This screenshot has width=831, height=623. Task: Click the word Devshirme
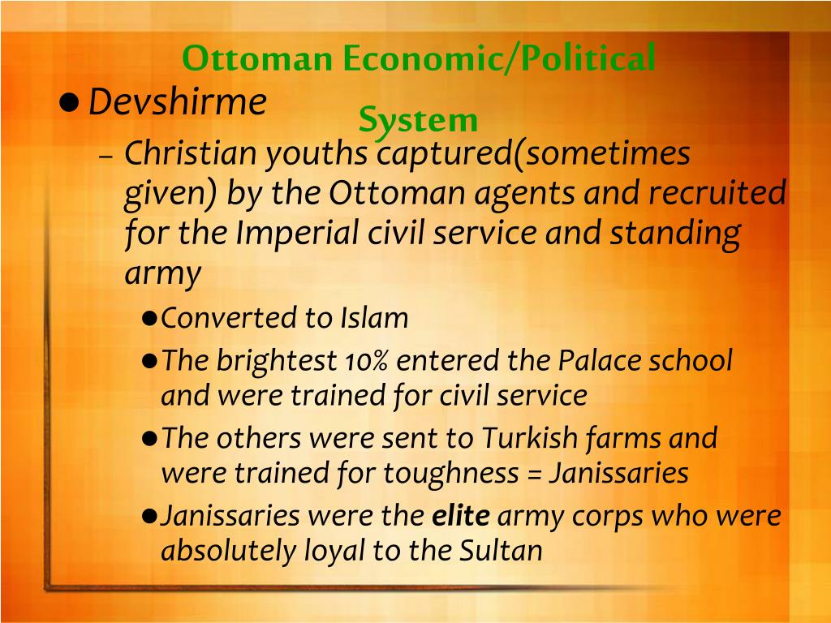click(177, 102)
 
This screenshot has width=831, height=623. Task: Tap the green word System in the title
click(418, 120)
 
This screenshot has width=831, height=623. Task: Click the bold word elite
click(459, 516)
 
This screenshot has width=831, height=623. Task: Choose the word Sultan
click(500, 551)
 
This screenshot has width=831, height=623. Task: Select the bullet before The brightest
click(149, 361)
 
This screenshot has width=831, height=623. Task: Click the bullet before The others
click(149, 439)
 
